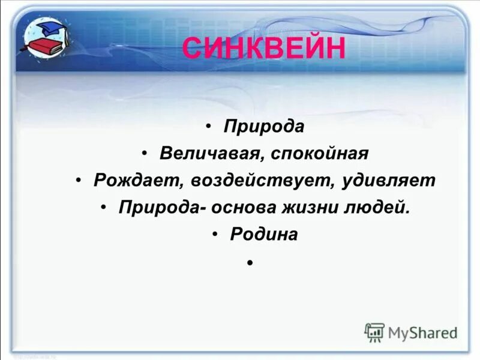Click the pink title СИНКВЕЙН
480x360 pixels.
(263, 48)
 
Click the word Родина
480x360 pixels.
(264, 235)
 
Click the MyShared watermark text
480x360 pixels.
(422, 332)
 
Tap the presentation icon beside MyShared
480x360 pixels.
(374, 332)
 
